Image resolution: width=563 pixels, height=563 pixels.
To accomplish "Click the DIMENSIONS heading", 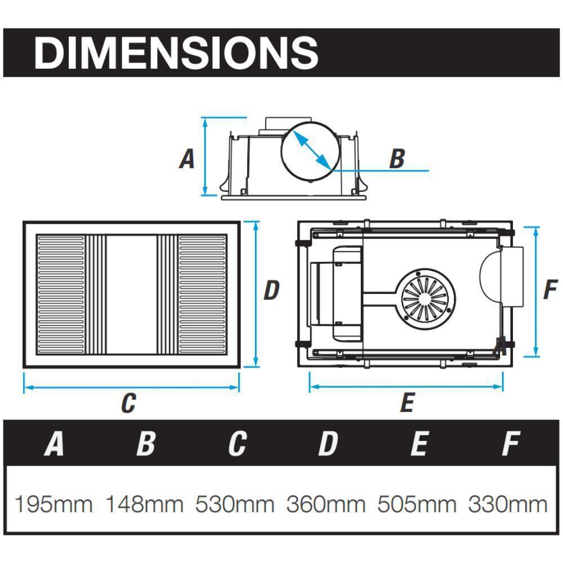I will click(x=176, y=53).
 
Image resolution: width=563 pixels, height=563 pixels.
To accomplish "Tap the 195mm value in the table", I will click(x=53, y=504).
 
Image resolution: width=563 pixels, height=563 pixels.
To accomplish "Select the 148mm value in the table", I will click(x=145, y=504).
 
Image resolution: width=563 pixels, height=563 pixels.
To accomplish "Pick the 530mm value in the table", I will click(x=235, y=504).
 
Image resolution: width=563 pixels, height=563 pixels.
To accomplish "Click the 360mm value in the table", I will click(x=327, y=504).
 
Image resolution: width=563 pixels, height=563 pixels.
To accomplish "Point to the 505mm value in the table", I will click(x=417, y=504).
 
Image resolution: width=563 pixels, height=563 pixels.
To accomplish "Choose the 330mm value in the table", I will click(x=508, y=504).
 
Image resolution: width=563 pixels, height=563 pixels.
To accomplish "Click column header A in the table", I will click(x=54, y=444).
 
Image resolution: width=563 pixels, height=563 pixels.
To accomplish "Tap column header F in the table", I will click(x=510, y=444).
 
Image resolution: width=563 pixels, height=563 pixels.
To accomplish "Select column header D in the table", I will click(x=328, y=444).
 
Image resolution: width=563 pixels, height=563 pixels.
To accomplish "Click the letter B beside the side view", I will click(x=397, y=159).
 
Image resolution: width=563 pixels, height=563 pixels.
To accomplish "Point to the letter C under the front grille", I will click(x=128, y=403).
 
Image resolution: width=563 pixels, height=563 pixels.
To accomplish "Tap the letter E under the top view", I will click(x=406, y=403).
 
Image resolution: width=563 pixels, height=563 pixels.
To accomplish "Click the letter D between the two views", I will click(x=271, y=291).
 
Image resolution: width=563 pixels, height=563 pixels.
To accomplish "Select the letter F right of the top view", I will click(x=550, y=291).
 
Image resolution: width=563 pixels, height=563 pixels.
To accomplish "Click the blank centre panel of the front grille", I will click(x=131, y=294).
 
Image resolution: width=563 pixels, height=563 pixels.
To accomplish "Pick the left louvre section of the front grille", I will click(x=60, y=294).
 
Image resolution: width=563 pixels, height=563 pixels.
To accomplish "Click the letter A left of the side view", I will click(x=187, y=159).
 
